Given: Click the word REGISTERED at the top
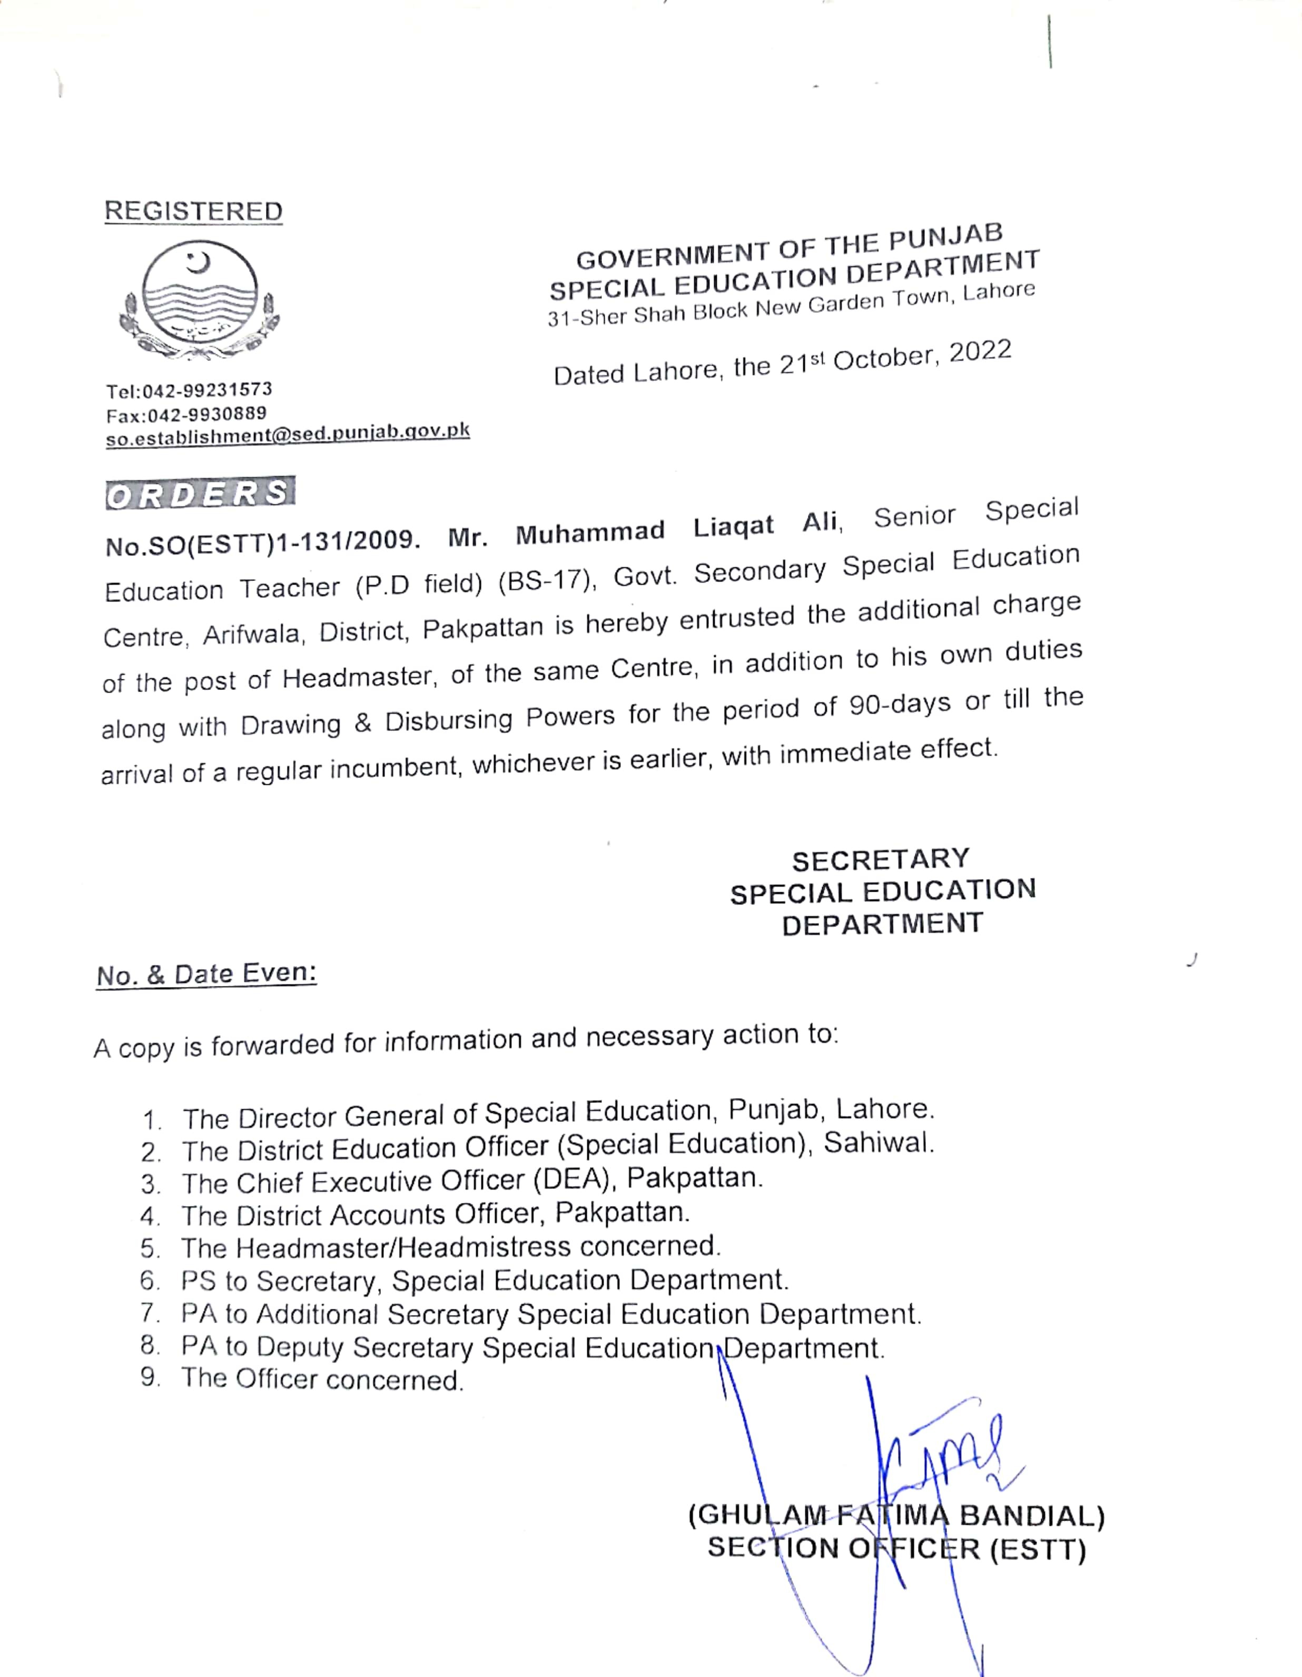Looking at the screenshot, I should [x=193, y=211].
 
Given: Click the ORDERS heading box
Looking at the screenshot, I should [x=200, y=494].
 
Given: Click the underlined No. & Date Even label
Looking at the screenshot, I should [x=206, y=974].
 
